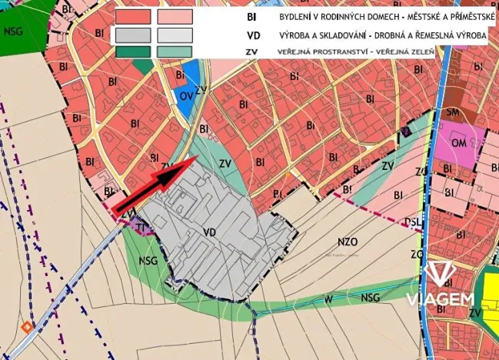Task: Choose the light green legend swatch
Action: [x=174, y=51]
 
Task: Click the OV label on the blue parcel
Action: [x=185, y=95]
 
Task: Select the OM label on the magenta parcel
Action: [x=457, y=144]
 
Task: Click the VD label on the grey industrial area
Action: [x=209, y=230]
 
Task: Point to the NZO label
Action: [x=348, y=241]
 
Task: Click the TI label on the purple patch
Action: [x=141, y=226]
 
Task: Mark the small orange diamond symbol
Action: [x=28, y=326]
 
